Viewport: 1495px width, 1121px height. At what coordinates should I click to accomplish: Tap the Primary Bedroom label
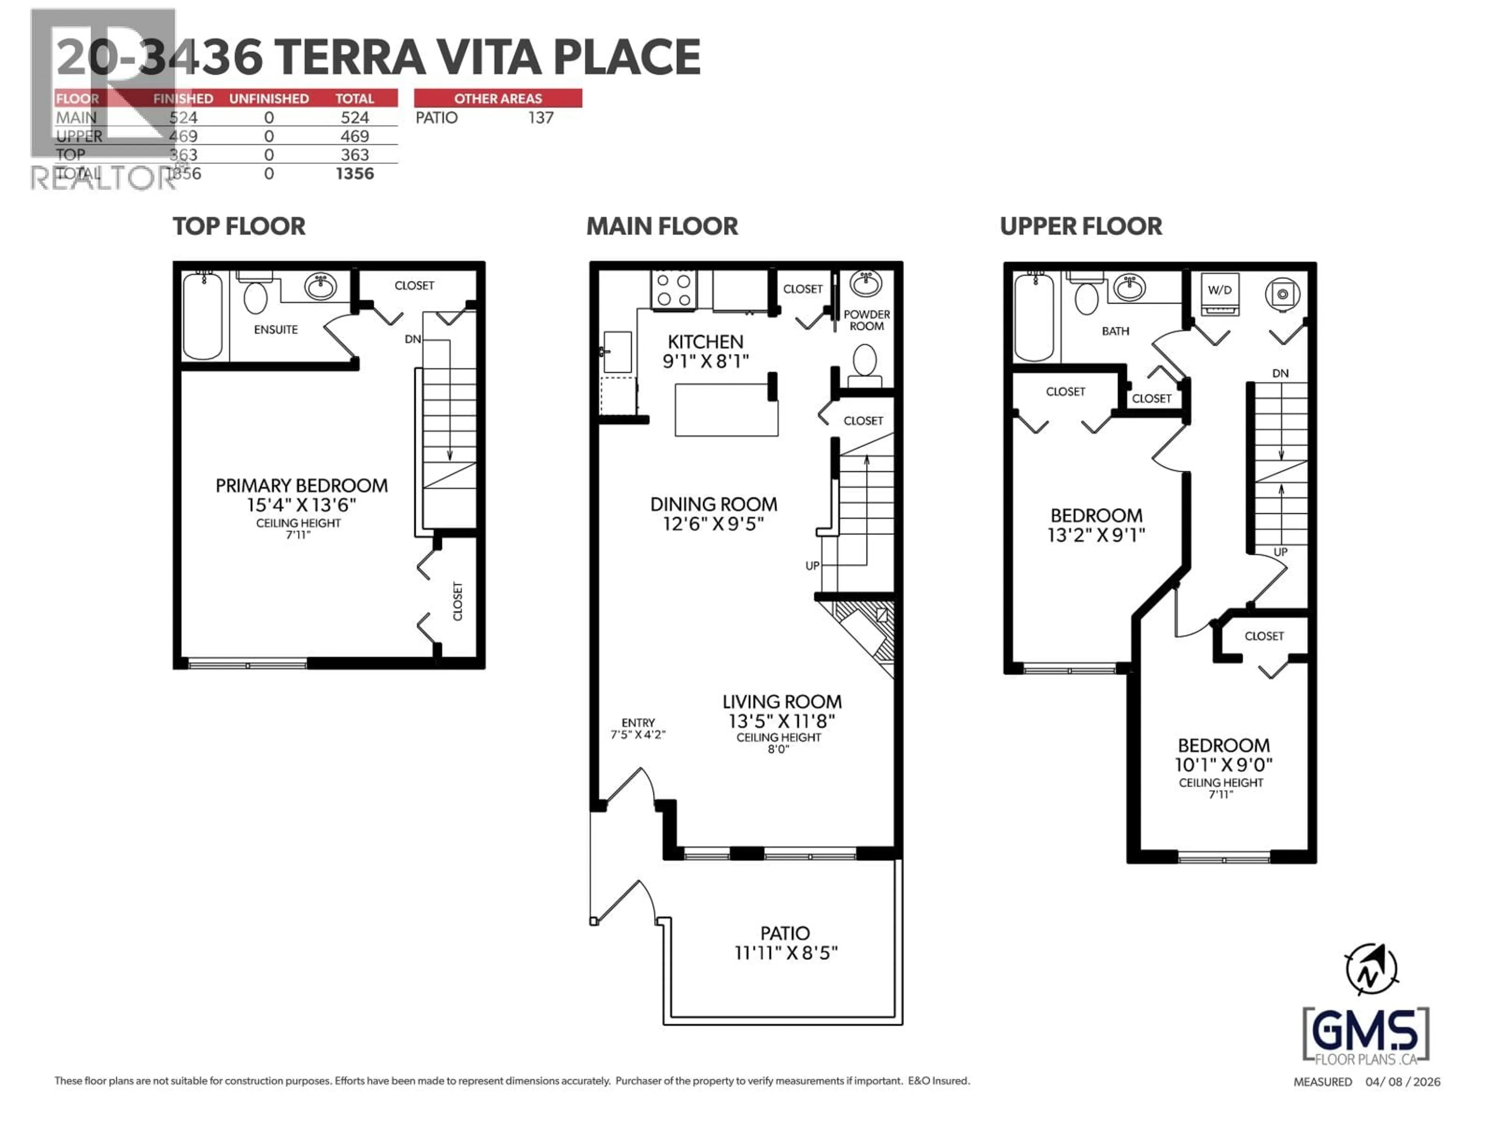[x=301, y=486]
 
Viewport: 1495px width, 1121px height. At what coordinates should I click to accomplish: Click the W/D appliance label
[x=1219, y=290]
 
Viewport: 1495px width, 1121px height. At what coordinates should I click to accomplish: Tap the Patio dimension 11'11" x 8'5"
[x=785, y=953]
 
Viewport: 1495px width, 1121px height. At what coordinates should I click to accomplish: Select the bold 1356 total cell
[x=354, y=174]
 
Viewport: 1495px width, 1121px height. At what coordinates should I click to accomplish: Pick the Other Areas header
[x=498, y=98]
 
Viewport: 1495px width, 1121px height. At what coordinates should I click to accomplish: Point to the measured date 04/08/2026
[x=1402, y=1082]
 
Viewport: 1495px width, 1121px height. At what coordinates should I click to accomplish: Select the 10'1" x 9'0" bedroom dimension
[x=1223, y=765]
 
